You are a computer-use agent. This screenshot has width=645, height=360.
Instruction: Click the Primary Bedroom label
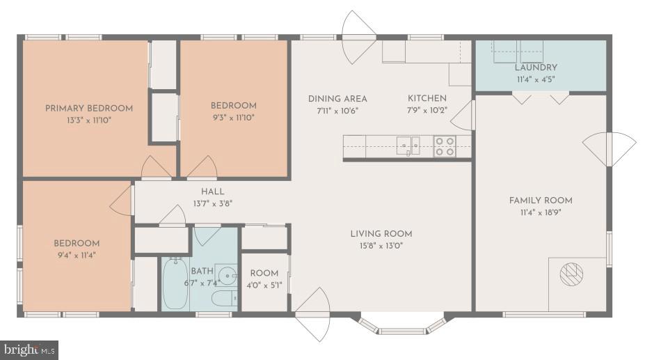click(x=88, y=108)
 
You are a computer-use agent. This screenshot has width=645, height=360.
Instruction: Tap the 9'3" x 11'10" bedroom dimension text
click(x=233, y=118)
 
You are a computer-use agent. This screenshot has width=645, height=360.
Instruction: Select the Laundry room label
click(x=536, y=68)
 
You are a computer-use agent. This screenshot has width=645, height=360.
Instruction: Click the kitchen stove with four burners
click(x=444, y=146)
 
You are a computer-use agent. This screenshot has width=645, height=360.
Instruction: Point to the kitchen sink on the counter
click(x=408, y=146)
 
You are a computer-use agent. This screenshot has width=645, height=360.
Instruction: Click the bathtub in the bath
click(x=174, y=283)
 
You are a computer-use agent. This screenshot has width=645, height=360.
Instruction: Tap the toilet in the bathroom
click(x=223, y=299)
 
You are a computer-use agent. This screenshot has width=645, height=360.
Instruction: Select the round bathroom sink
click(x=224, y=272)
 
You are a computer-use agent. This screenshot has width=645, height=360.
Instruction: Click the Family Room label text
click(x=540, y=201)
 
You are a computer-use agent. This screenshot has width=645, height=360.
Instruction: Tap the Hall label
click(x=212, y=191)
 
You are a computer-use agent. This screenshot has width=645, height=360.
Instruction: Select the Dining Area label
click(x=337, y=98)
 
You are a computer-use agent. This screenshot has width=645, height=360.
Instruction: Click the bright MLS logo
click(x=30, y=350)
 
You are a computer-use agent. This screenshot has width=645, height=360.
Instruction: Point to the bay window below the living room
click(x=401, y=325)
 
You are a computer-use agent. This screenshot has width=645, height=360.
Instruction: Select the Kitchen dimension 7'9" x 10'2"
click(x=427, y=110)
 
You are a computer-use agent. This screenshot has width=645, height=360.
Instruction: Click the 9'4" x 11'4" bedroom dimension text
click(x=77, y=255)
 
